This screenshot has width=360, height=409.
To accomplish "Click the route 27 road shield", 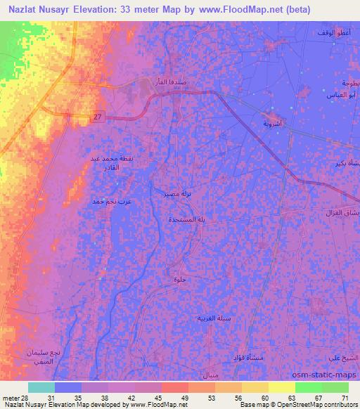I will pos(98,118).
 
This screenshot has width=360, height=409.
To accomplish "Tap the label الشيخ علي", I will pos(345,358).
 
